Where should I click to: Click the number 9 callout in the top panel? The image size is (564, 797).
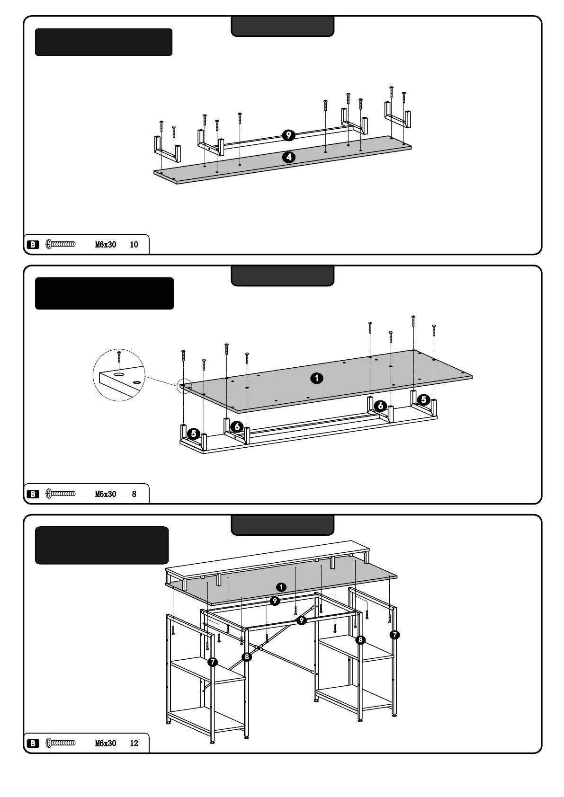click(288, 135)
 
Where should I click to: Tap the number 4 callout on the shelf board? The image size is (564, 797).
click(288, 157)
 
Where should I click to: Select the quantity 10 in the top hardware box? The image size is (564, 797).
click(134, 245)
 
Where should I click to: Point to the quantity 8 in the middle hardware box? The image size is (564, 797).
click(134, 494)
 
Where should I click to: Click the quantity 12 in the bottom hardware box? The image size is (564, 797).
click(134, 744)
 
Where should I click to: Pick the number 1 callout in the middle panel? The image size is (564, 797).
click(316, 378)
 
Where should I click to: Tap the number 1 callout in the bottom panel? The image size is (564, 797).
click(281, 587)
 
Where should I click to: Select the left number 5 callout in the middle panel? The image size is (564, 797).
click(193, 434)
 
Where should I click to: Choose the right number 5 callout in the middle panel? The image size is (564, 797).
click(424, 400)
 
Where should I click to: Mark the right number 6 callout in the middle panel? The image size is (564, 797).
click(380, 406)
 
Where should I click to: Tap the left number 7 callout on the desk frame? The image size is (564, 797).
click(213, 662)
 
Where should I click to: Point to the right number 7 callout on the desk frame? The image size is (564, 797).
click(394, 635)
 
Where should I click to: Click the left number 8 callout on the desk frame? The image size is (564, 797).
click(246, 656)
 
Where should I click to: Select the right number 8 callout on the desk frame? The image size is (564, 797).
click(361, 640)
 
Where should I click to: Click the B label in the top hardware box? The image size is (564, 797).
click(33, 245)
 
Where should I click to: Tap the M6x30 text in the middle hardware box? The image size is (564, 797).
click(106, 494)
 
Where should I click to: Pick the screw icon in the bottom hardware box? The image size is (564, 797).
click(61, 744)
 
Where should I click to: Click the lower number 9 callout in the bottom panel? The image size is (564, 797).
click(301, 620)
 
